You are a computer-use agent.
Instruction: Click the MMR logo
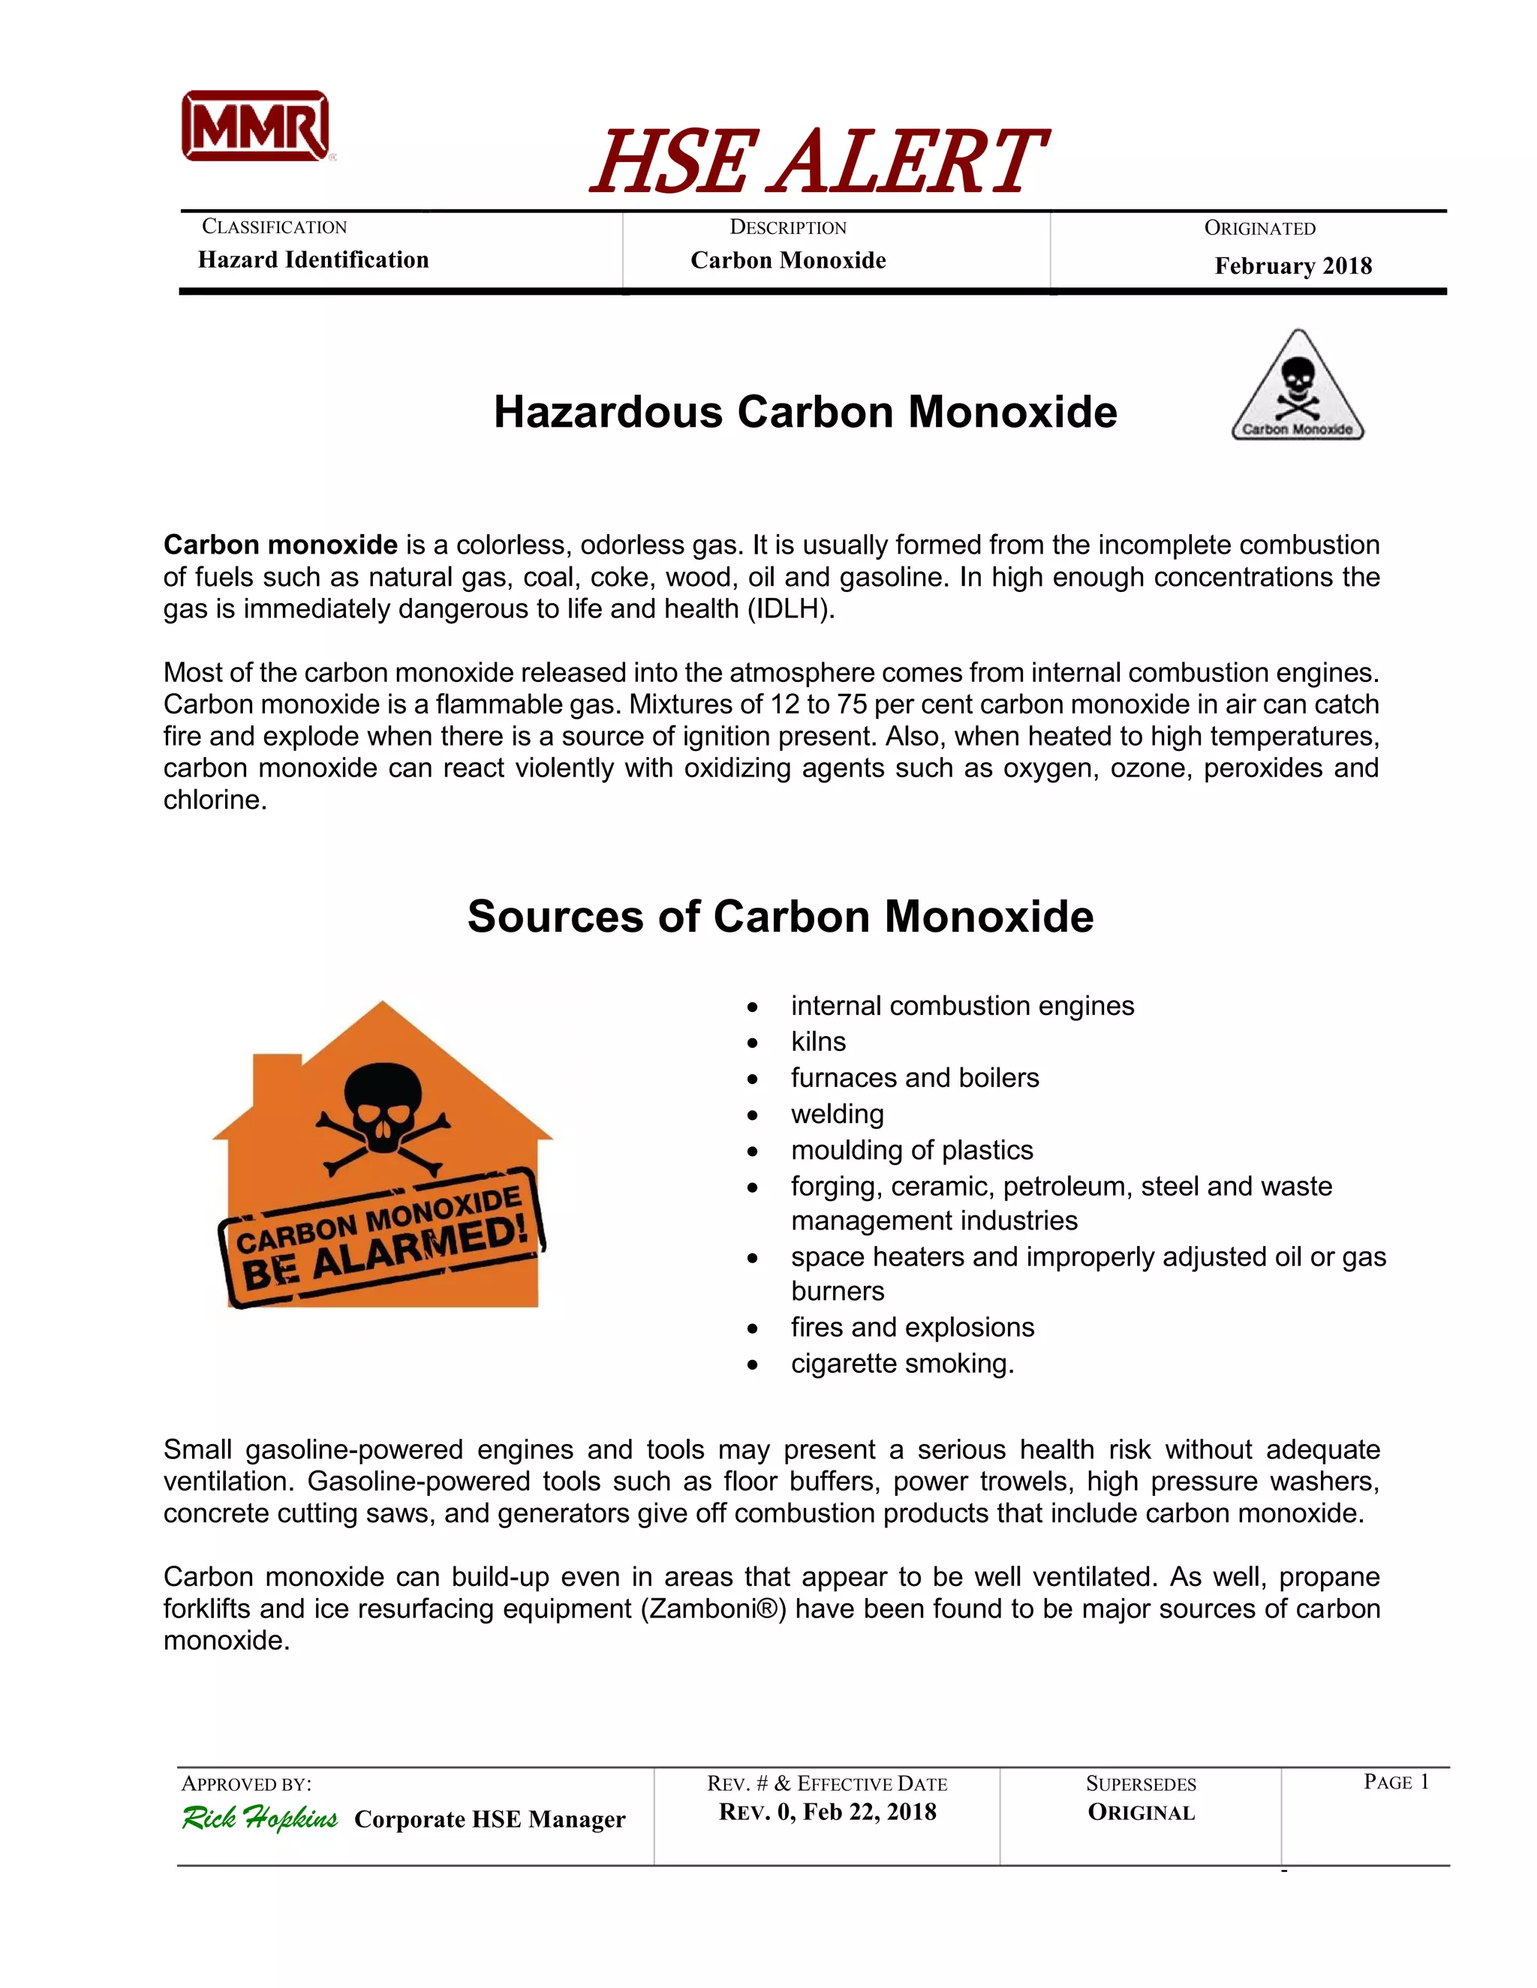[256, 127]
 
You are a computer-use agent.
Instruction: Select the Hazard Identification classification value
[313, 260]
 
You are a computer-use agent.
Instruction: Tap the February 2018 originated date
[1292, 267]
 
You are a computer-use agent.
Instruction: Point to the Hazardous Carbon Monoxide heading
[805, 413]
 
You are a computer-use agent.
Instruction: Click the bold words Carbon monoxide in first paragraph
[281, 545]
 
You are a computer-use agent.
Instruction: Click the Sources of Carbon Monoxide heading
[781, 917]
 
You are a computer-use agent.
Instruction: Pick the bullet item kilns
[818, 1041]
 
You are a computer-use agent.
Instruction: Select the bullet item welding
[837, 1114]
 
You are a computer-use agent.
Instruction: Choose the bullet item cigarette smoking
[901, 1364]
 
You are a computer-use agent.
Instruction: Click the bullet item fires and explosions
[913, 1327]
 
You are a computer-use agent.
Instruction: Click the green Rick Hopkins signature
[260, 1818]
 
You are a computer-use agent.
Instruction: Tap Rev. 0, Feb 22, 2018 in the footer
[827, 1812]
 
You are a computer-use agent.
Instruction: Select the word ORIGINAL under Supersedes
[1141, 1812]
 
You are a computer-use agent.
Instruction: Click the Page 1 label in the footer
[1395, 1782]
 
